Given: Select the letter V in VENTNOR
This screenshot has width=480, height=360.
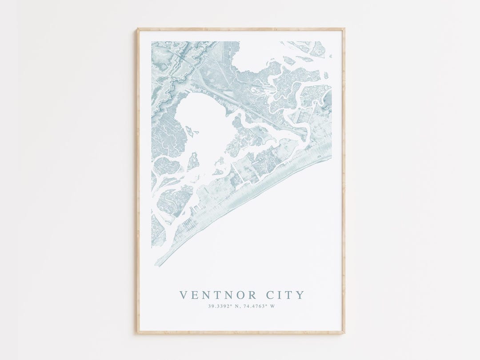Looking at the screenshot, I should tap(183, 295).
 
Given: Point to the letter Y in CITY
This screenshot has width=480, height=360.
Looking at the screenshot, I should tap(301, 295).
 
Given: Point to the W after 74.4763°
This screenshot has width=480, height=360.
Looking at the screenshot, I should tap(273, 306).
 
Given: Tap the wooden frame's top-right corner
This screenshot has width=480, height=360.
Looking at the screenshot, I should tap(344, 29).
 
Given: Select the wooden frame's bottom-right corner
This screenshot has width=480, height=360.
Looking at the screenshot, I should tap(344, 332).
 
